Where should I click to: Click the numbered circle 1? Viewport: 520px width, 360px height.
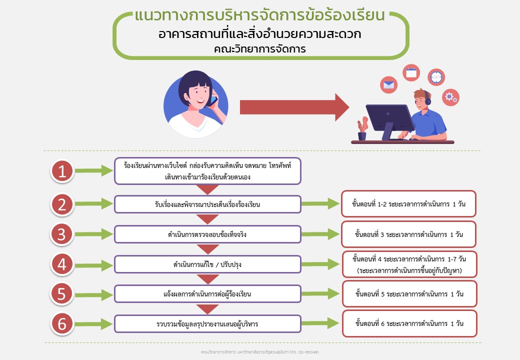pos(62,171)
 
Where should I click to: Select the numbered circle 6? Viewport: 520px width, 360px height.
pos(62,324)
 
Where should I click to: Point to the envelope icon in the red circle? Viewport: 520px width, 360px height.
pos(388,85)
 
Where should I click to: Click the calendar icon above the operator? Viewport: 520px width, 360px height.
pos(411,73)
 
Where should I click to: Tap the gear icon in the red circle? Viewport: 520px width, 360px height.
pos(450,96)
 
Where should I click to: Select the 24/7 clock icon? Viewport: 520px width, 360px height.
pos(436,76)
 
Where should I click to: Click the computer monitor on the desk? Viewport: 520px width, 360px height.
pos(389,119)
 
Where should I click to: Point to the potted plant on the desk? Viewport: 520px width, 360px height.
pos(362,129)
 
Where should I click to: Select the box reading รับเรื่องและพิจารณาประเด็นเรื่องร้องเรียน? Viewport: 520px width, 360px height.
pos(207,204)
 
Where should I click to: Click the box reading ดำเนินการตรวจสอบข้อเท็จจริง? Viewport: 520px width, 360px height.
pos(207,234)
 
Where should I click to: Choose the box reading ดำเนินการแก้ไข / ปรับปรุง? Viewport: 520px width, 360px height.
pos(207,264)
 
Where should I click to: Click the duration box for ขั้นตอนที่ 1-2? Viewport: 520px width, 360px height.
pos(408,204)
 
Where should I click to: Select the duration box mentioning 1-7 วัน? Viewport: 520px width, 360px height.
pos(408,264)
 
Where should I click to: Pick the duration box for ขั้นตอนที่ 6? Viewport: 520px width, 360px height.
pos(408,323)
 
